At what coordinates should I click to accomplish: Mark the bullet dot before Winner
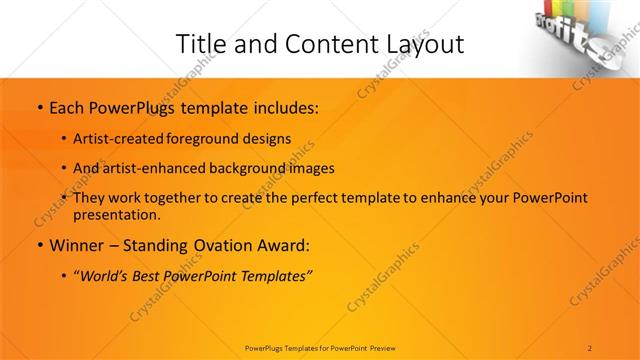pos(38,246)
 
